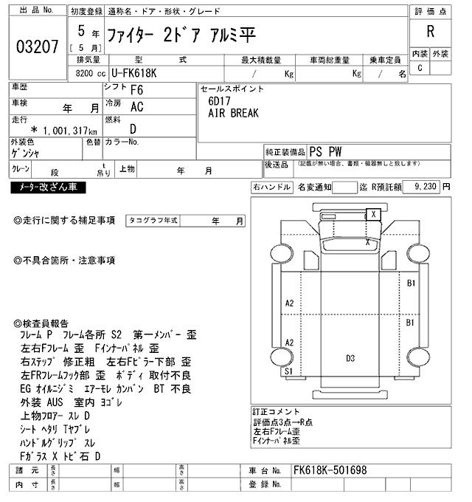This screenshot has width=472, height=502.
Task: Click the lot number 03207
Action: click(x=37, y=47)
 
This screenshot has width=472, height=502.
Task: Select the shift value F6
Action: click(x=136, y=91)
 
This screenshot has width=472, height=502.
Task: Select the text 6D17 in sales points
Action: click(x=218, y=100)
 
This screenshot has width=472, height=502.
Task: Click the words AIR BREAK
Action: click(x=232, y=114)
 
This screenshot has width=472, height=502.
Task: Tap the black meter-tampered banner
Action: click(x=48, y=188)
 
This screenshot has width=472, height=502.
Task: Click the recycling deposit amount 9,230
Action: click(x=426, y=188)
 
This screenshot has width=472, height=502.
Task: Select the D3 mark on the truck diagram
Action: click(x=350, y=359)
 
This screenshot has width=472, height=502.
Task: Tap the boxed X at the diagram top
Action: click(x=374, y=214)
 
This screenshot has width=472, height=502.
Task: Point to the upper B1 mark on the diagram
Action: click(x=412, y=283)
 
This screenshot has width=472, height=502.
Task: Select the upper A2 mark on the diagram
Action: click(x=289, y=303)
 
